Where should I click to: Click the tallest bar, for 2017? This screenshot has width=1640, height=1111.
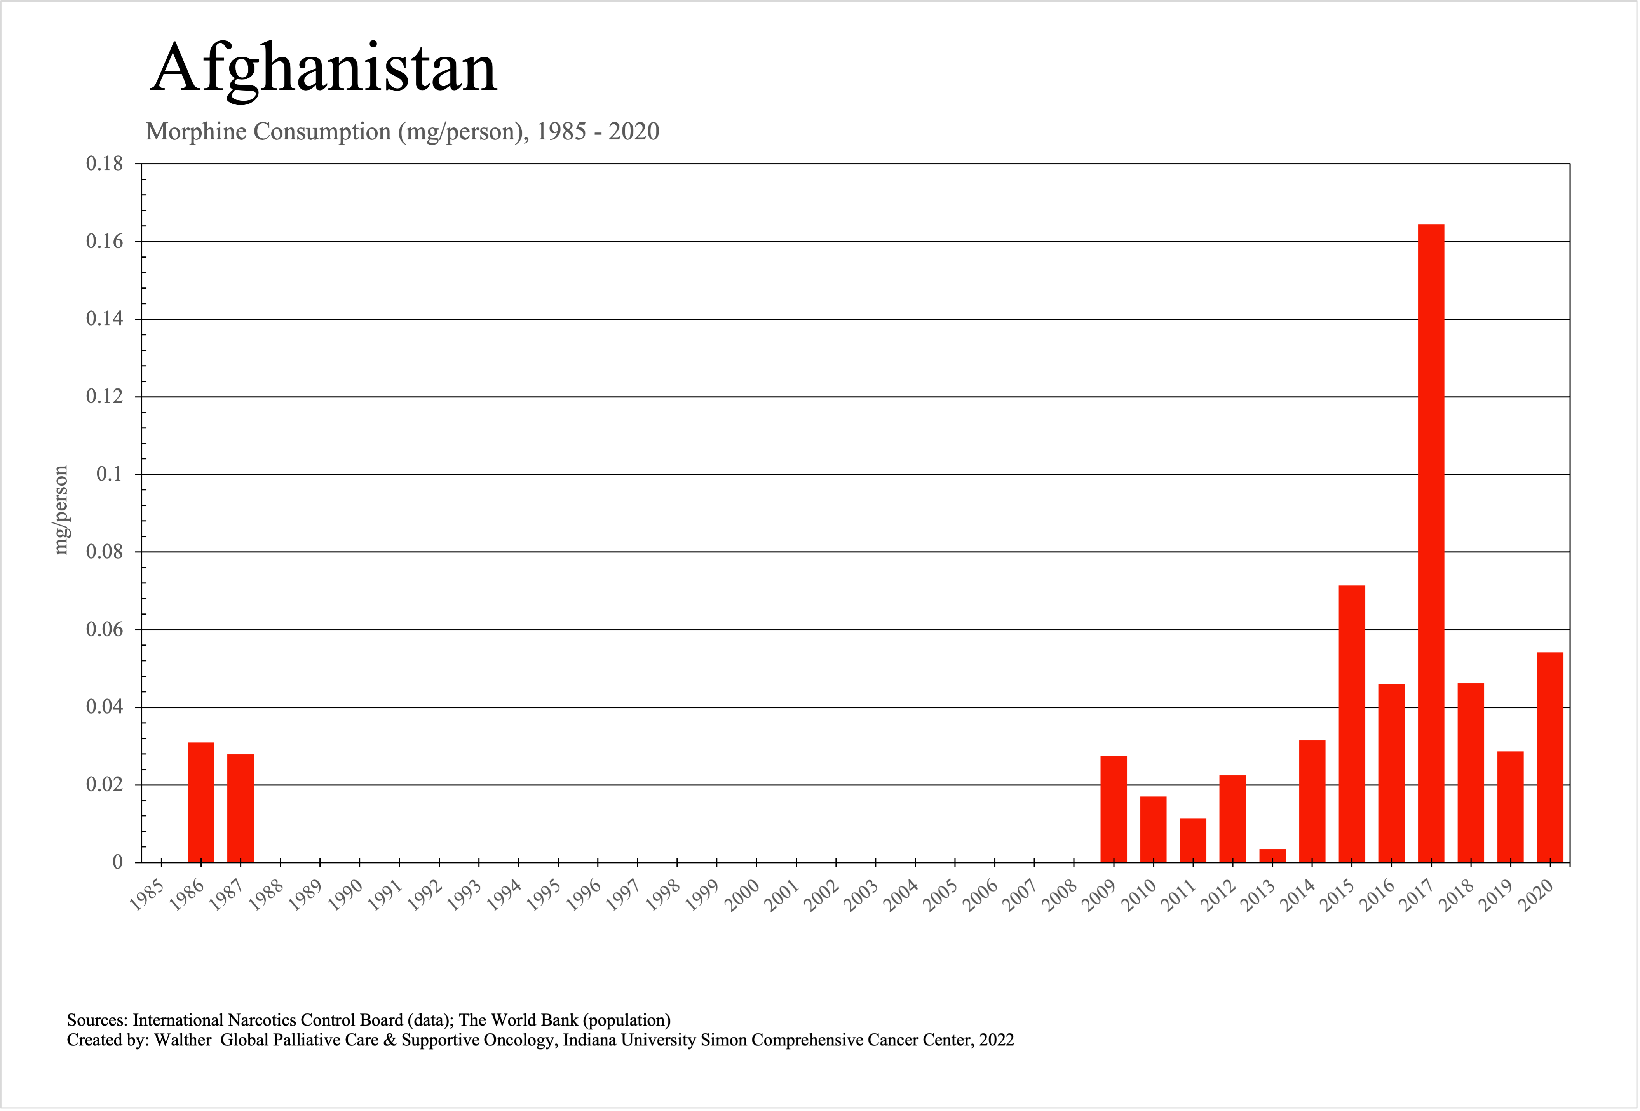pyautogui.click(x=1431, y=543)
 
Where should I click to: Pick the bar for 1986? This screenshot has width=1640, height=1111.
pyautogui.click(x=201, y=802)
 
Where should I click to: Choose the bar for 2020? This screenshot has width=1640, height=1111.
pyautogui.click(x=1550, y=757)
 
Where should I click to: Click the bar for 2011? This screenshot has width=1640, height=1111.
pyautogui.click(x=1192, y=840)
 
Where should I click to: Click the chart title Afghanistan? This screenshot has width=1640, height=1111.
pyautogui.click(x=324, y=68)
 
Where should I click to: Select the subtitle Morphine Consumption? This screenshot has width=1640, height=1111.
pyautogui.click(x=268, y=131)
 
